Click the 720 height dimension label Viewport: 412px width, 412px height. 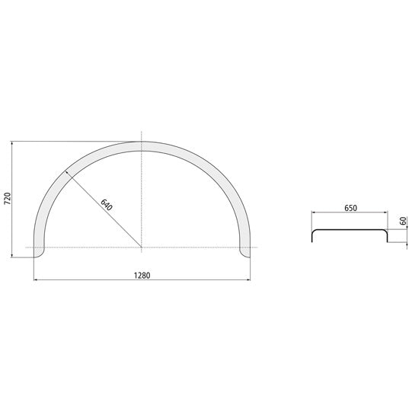tap(8, 199)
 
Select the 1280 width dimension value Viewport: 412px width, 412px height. tap(142, 276)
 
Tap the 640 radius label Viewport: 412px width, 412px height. tap(107, 205)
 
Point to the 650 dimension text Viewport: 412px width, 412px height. tap(351, 208)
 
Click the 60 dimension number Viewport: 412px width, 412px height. tap(404, 221)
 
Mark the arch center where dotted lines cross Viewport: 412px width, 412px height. tap(142, 248)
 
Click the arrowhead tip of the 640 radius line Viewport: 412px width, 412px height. tap(66, 171)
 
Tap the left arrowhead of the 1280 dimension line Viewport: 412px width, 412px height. tap(34, 279)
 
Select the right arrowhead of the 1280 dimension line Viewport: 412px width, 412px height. tap(250, 279)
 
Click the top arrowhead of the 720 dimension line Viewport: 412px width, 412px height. tap(12, 142)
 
